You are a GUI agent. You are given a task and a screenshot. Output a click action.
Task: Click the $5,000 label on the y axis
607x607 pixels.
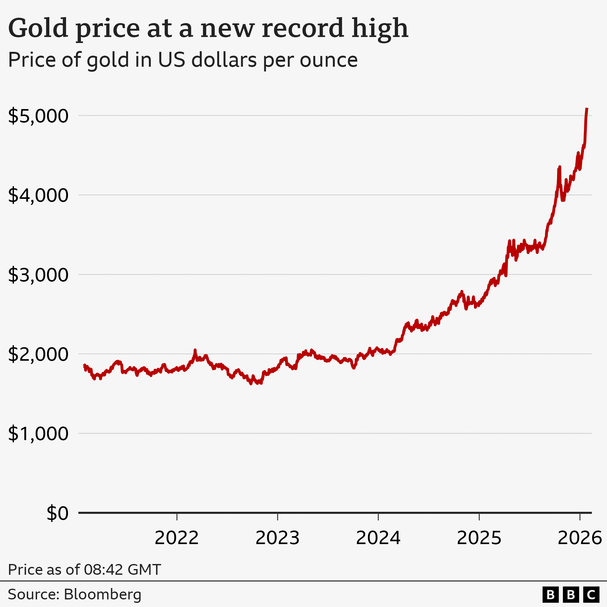pyautogui.click(x=38, y=116)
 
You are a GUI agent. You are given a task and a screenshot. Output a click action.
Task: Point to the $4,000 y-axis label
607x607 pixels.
pyautogui.click(x=38, y=195)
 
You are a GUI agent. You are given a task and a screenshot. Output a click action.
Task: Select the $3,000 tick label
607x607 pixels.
pyautogui.click(x=38, y=275)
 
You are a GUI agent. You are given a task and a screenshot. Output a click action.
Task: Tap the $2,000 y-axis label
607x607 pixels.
pyautogui.click(x=38, y=354)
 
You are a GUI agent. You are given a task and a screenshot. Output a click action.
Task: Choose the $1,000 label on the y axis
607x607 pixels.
pyautogui.click(x=38, y=433)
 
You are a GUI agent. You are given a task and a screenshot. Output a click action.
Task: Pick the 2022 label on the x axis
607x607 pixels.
pyautogui.click(x=176, y=538)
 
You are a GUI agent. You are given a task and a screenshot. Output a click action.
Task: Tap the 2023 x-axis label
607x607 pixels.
pyautogui.click(x=277, y=538)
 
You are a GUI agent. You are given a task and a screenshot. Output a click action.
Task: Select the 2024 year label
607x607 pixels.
pyautogui.click(x=378, y=538)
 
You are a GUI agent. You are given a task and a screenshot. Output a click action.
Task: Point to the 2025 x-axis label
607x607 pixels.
pyautogui.click(x=479, y=538)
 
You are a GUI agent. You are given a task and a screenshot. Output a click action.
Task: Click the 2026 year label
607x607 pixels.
pyautogui.click(x=579, y=538)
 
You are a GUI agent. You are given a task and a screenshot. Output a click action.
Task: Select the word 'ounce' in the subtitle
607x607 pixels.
pyautogui.click(x=328, y=60)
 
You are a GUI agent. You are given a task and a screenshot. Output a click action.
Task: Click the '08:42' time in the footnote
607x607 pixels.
pyautogui.click(x=103, y=570)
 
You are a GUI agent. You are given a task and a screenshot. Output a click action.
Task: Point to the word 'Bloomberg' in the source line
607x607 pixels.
pyautogui.click(x=102, y=594)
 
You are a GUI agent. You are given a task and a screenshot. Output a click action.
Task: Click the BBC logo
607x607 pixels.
pyautogui.click(x=571, y=595)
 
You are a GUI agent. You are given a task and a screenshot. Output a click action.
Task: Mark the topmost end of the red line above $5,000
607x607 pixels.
pyautogui.click(x=587, y=109)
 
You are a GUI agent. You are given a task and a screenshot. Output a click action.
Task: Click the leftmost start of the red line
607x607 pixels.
pyautogui.click(x=84, y=365)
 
